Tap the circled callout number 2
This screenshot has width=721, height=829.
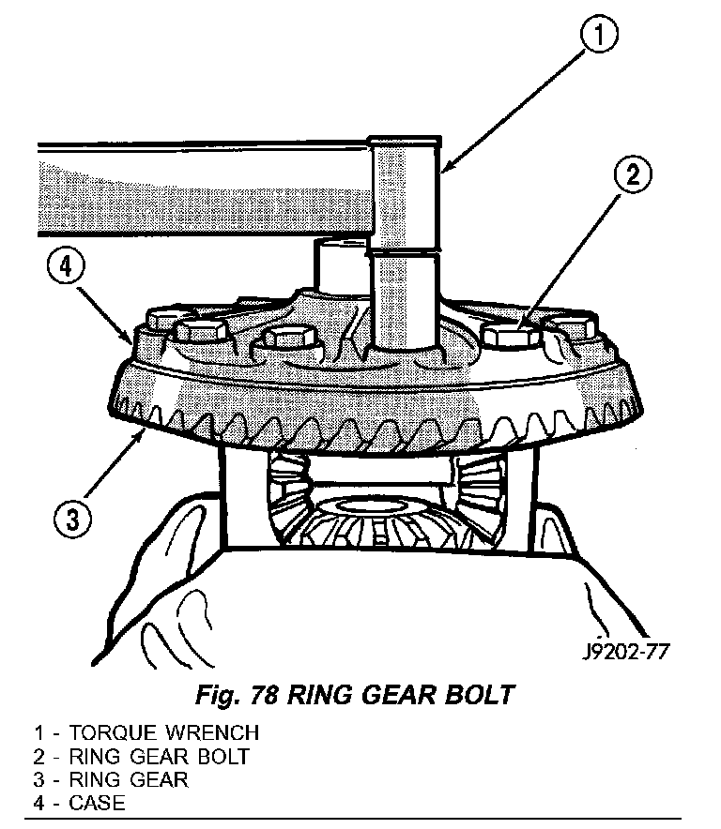tap(632, 175)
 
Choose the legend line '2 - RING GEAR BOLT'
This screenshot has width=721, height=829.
tap(142, 756)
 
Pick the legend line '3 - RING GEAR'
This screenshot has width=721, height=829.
tap(112, 779)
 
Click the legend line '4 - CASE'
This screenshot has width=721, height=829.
tap(80, 803)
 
